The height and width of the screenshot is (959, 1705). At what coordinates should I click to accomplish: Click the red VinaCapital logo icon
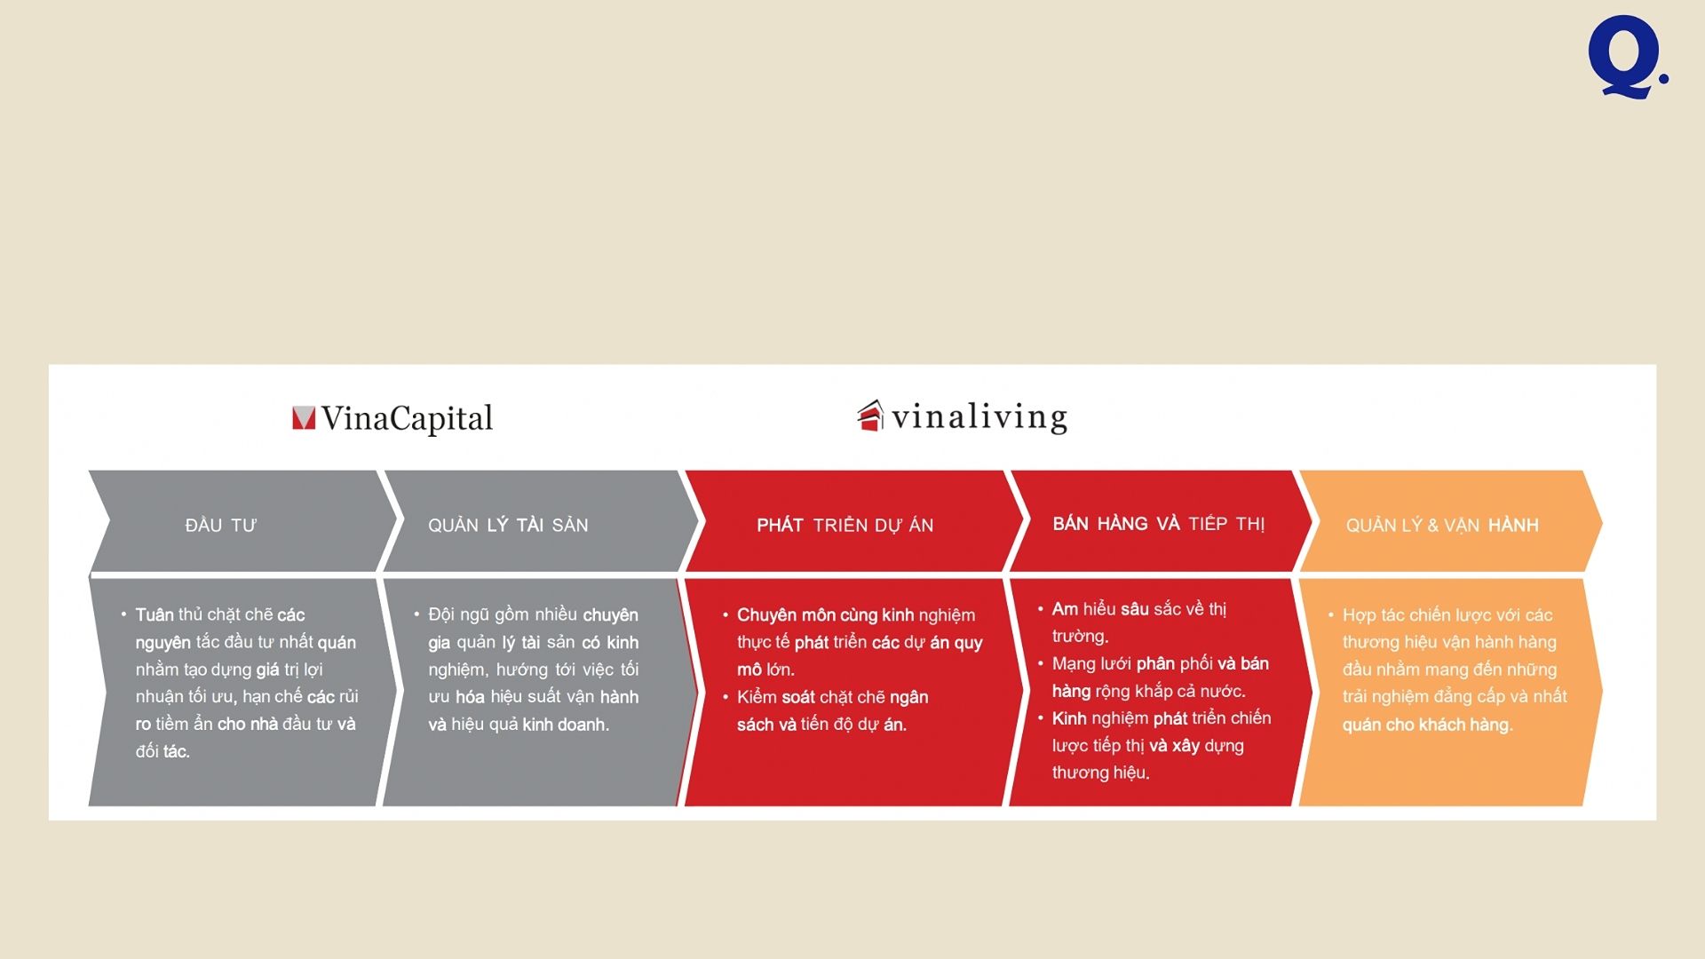point(304,418)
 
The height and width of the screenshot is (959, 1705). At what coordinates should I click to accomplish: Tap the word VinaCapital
point(407,418)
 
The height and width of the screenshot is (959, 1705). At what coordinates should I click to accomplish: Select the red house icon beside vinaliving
point(870,416)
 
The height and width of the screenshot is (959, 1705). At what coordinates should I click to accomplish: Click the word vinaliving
point(979,417)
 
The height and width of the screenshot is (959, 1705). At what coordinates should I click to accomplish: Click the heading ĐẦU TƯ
point(221,526)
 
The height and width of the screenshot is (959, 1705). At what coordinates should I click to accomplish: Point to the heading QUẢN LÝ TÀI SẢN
point(508,526)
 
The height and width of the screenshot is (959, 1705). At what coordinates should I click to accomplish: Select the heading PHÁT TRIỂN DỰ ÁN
point(845,526)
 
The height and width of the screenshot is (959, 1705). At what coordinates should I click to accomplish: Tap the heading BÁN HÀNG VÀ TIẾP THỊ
point(1159,524)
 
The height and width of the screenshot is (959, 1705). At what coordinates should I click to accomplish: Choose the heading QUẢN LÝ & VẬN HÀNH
point(1442,526)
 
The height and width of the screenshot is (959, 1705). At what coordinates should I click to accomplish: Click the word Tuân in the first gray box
point(155,614)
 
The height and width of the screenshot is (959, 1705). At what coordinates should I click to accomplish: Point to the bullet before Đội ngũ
point(416,614)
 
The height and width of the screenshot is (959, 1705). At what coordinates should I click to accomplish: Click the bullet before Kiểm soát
point(726,696)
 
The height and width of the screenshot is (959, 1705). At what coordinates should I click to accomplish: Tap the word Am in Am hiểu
point(1065,609)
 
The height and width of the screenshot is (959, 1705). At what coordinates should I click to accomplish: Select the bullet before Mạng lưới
point(1040,663)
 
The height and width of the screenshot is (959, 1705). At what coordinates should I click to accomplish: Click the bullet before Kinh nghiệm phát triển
point(1040,717)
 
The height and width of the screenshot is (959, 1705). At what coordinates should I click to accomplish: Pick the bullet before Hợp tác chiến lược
point(1330,614)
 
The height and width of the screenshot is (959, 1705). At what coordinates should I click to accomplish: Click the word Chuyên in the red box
point(766,615)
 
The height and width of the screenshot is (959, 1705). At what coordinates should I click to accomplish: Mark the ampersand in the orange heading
point(1432,526)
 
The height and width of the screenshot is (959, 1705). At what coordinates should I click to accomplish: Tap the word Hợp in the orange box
point(1359,615)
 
